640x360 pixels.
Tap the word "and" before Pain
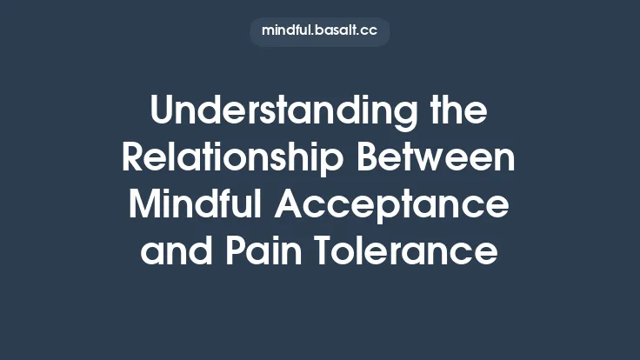click(177, 253)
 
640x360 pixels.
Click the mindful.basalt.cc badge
click(319, 30)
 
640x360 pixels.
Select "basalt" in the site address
click(342, 30)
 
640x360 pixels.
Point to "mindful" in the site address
click(289, 30)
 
